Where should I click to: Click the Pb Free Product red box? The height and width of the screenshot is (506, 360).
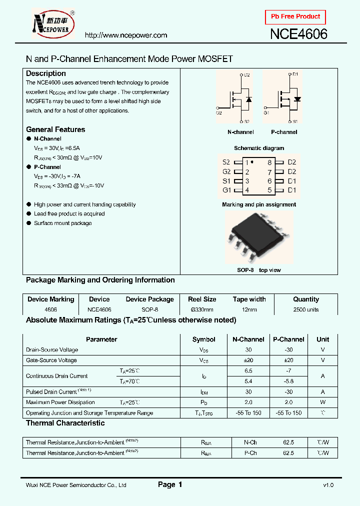[x=295, y=16]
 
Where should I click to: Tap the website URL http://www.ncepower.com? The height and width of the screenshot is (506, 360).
[x=125, y=35]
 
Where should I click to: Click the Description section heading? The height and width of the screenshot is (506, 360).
[x=46, y=73]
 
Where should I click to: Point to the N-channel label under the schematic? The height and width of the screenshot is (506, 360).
[x=240, y=132]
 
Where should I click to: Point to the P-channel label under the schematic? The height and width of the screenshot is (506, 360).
[x=284, y=132]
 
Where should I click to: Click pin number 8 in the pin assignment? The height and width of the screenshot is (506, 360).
[x=269, y=162]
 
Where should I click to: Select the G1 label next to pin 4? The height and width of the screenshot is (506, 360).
[x=226, y=190]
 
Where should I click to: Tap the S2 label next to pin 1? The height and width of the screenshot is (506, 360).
[x=226, y=162]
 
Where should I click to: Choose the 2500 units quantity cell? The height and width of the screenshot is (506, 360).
[x=306, y=309]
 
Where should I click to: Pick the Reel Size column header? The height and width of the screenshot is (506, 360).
[x=202, y=299]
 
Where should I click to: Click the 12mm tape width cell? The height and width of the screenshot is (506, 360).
[x=249, y=309]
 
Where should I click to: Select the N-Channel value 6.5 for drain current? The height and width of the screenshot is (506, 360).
[x=248, y=371]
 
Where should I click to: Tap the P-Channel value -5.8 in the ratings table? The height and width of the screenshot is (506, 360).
[x=288, y=381]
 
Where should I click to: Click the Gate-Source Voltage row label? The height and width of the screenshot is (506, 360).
[x=51, y=360]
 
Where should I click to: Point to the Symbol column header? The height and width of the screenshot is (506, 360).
[x=203, y=339]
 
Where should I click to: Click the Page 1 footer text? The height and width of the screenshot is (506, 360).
[x=170, y=484]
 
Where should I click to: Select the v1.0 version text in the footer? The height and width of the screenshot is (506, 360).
[x=328, y=485]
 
